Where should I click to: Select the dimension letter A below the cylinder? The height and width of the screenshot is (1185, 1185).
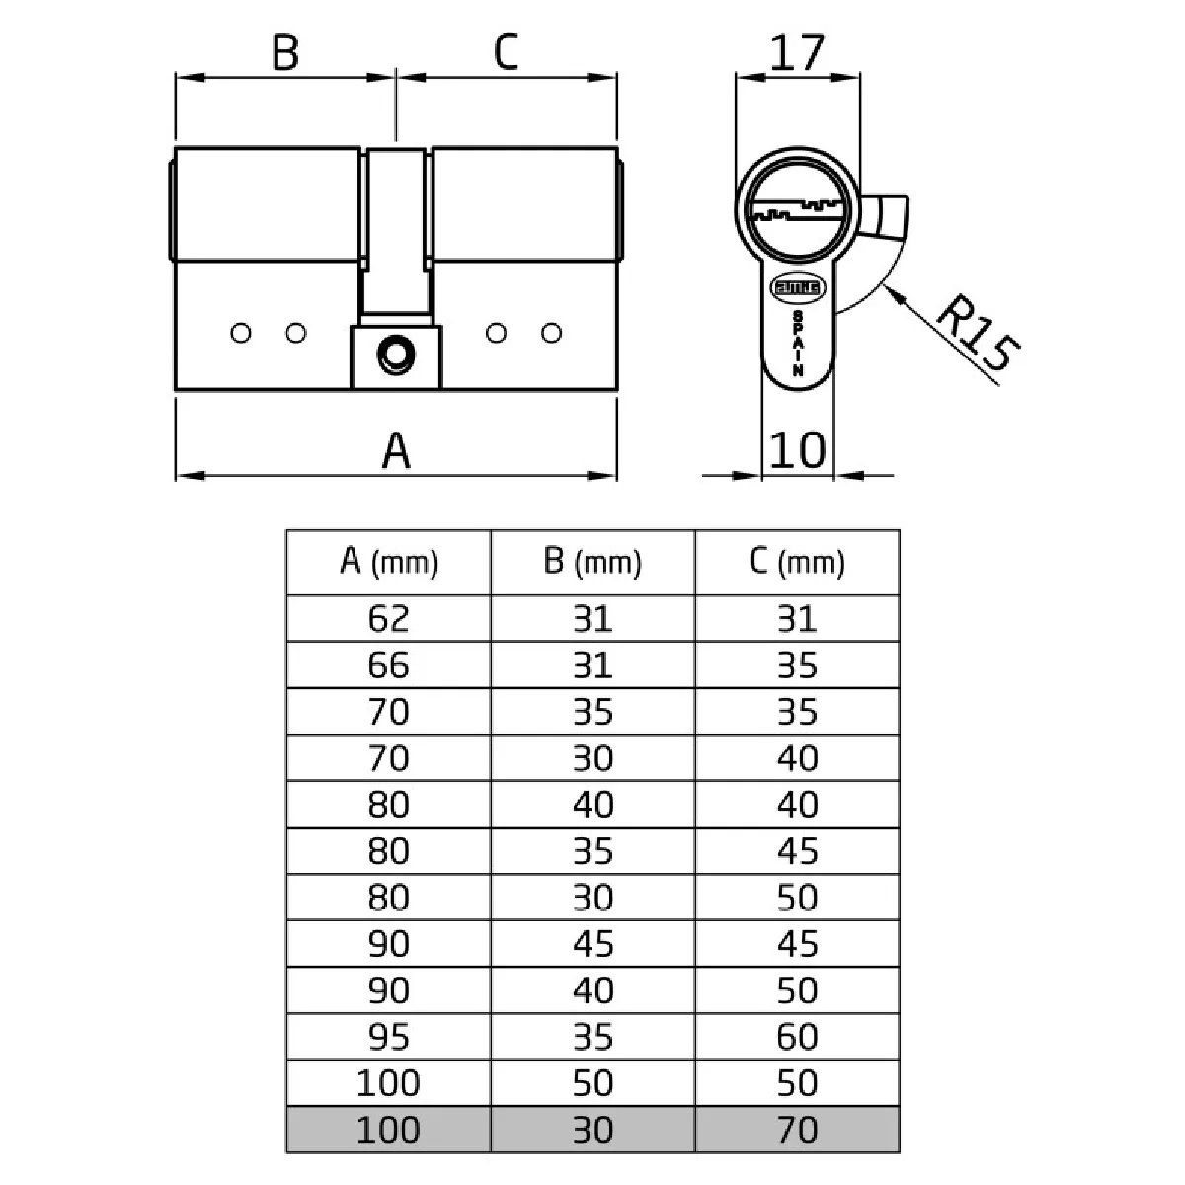tap(395, 450)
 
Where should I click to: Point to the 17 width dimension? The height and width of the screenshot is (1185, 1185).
tap(796, 52)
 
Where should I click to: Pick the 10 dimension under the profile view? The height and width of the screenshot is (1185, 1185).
tap(797, 450)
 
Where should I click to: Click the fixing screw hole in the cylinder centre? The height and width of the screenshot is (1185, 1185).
tap(396, 355)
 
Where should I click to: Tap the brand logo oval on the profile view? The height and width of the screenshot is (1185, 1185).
tap(798, 287)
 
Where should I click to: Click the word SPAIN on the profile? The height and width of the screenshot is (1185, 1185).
tap(798, 343)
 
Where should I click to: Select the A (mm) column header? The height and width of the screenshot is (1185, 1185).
tap(389, 562)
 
